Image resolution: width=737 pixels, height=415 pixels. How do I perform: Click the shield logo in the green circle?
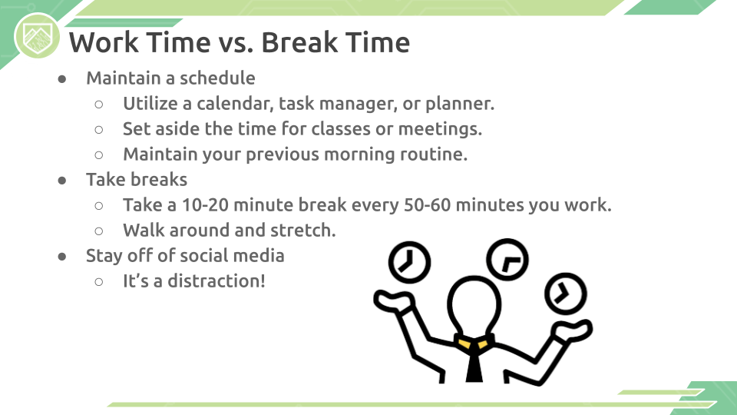(38, 37)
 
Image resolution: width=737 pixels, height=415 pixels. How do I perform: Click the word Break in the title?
(299, 42)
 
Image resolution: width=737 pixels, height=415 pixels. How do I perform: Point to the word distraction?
(216, 281)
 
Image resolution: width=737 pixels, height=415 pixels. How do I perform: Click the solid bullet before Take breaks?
(62, 181)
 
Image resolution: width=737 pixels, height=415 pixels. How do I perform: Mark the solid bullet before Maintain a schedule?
(62, 79)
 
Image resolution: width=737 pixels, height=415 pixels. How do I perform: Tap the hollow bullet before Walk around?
(99, 231)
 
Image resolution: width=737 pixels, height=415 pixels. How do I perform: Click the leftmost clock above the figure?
(409, 262)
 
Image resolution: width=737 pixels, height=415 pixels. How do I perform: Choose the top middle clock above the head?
(507, 259)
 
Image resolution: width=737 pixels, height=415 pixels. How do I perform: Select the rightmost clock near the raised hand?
(566, 294)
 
